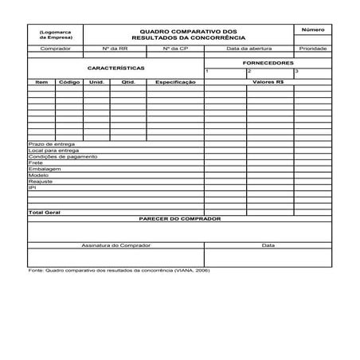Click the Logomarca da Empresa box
pos(54,34)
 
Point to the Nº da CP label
pos(175,49)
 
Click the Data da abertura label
pos(249,49)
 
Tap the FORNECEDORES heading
pos(268,62)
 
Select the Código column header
pos(69,81)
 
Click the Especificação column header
pos(175,81)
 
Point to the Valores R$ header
pos(268,81)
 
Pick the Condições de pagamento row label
pos(63,156)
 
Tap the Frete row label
pos(35,162)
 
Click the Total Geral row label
pos(45,213)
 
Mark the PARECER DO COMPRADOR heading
pos(179,218)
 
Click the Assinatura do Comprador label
pos(115,245)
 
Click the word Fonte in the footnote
pos(35,271)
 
